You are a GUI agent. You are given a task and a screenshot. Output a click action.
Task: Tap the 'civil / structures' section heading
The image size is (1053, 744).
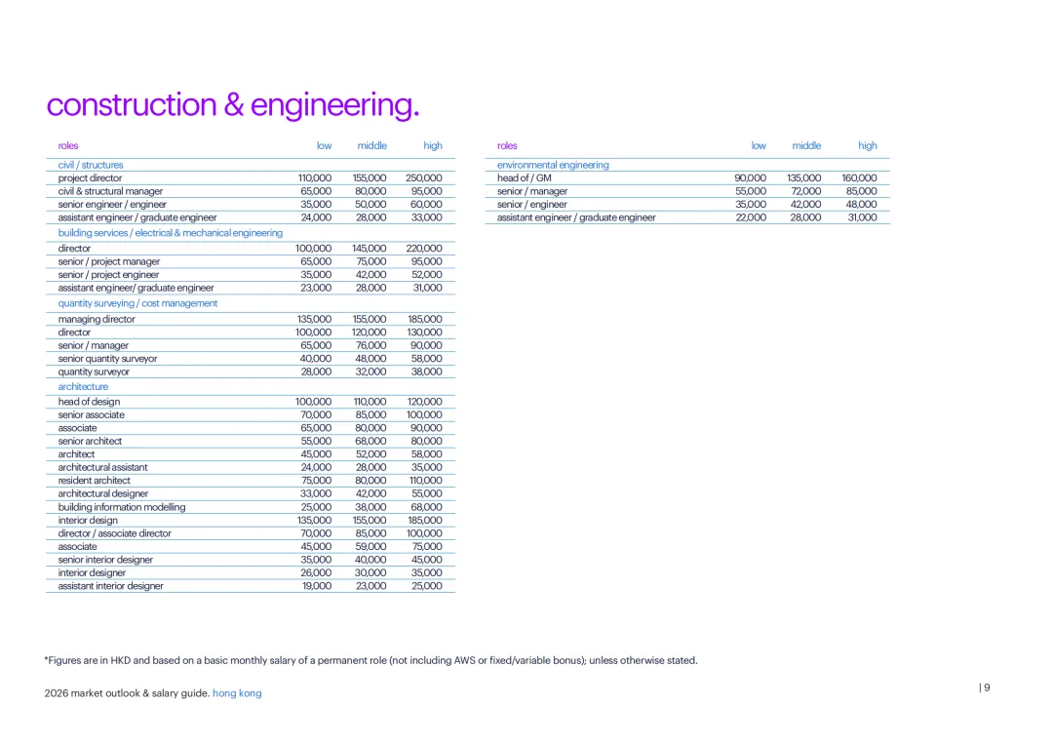pos(91,166)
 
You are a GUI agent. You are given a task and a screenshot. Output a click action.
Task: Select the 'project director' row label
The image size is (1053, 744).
pos(91,178)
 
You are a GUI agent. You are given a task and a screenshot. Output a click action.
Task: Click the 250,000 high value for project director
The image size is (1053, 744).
pos(423,178)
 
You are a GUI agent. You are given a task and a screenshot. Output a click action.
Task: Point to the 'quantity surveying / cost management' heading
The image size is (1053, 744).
pos(137,303)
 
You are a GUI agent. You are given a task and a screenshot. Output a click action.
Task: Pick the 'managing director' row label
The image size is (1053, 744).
pos(97,319)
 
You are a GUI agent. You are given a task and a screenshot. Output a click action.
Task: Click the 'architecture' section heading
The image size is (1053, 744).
pos(83,387)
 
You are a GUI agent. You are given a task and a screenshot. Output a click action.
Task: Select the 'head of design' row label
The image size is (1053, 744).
pos(90,402)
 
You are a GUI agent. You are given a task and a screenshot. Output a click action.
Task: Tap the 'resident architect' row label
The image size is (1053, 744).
pos(94,481)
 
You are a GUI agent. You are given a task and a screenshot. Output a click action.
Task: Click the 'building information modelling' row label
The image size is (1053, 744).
pos(122,507)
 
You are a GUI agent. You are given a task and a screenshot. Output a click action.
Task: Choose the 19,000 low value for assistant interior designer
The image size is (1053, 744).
pos(316,586)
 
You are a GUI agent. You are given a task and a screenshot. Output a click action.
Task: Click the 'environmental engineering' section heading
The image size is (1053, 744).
pos(553,166)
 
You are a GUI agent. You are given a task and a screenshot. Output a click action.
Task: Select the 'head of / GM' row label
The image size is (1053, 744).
pos(525,178)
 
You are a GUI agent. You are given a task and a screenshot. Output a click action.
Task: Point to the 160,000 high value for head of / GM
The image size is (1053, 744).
pos(859,178)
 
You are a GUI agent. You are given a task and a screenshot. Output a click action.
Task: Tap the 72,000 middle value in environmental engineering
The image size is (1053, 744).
pos(805,191)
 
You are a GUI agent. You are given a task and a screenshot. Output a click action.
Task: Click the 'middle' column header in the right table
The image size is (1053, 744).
pos(806,146)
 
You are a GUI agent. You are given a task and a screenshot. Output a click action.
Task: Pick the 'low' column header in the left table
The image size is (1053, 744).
pos(324,146)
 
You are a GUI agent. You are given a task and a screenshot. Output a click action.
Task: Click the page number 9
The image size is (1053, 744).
pos(987,687)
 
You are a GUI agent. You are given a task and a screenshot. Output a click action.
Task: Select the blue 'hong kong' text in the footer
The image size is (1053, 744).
pos(237,693)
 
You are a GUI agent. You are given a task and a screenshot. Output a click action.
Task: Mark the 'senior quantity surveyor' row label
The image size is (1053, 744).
pos(107,359)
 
